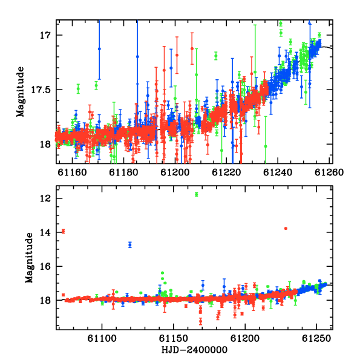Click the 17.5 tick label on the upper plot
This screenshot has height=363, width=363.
point(41,90)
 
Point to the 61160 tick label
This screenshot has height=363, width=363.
point(72,172)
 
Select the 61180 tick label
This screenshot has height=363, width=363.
point(123,172)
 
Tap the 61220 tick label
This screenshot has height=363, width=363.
point(226,172)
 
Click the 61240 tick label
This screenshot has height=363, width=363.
point(278,172)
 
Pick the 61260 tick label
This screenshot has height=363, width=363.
point(329,172)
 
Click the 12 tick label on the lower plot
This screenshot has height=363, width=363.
point(45,198)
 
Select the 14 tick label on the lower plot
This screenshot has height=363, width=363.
point(45,232)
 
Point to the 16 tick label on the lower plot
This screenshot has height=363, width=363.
point(45,266)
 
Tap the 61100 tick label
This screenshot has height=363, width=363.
point(102,339)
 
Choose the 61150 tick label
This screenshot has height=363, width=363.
point(174,339)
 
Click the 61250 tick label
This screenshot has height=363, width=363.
point(316,339)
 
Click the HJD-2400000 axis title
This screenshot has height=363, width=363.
point(194,350)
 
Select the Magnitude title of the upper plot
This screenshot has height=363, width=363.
point(21,92)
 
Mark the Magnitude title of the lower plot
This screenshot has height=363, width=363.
point(29,258)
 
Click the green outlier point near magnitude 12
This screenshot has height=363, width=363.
point(197,194)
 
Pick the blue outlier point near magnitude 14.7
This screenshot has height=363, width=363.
point(130,244)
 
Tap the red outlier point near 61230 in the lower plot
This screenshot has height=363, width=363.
point(286,229)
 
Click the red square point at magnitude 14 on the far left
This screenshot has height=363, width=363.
point(63,231)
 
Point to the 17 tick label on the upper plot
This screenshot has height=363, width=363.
point(45,36)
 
